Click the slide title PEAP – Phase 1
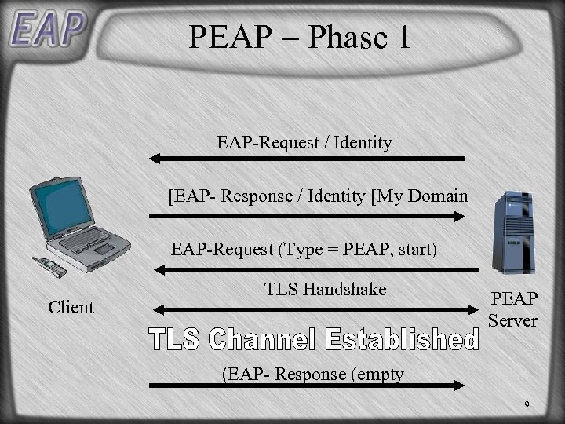(300, 37)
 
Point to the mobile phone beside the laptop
(49, 267)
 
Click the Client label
(71, 307)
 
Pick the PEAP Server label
(513, 309)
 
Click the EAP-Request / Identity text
(304, 143)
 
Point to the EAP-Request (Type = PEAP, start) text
(304, 250)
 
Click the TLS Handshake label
(326, 289)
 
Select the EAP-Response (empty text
(313, 374)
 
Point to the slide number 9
(527, 404)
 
